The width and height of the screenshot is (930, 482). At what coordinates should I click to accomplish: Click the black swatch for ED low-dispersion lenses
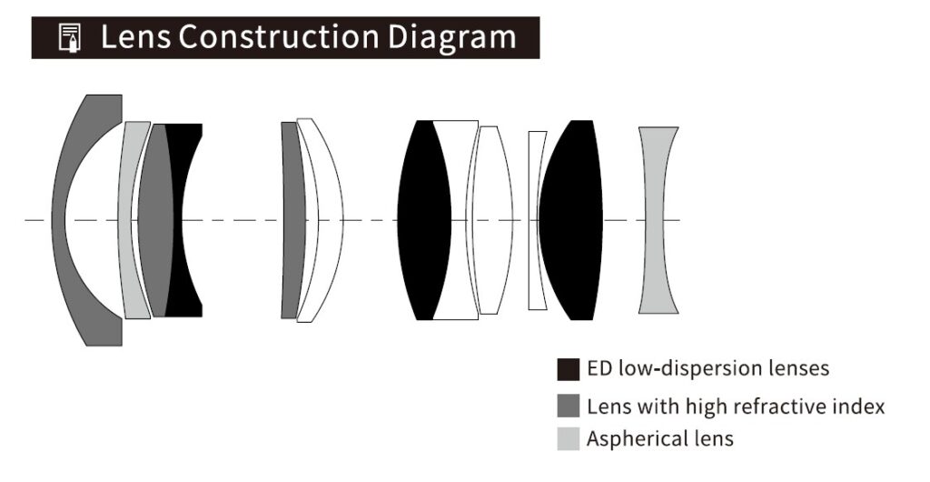tap(569, 369)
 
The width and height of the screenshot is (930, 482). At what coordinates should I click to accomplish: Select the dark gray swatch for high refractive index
tap(569, 406)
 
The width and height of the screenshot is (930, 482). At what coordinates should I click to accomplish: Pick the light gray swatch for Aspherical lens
tap(569, 439)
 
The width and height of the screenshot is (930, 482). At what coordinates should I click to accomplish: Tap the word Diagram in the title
tap(452, 38)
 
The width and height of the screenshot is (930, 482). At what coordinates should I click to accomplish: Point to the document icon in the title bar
tap(70, 38)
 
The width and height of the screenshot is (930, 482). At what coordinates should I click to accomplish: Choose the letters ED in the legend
tap(599, 368)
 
